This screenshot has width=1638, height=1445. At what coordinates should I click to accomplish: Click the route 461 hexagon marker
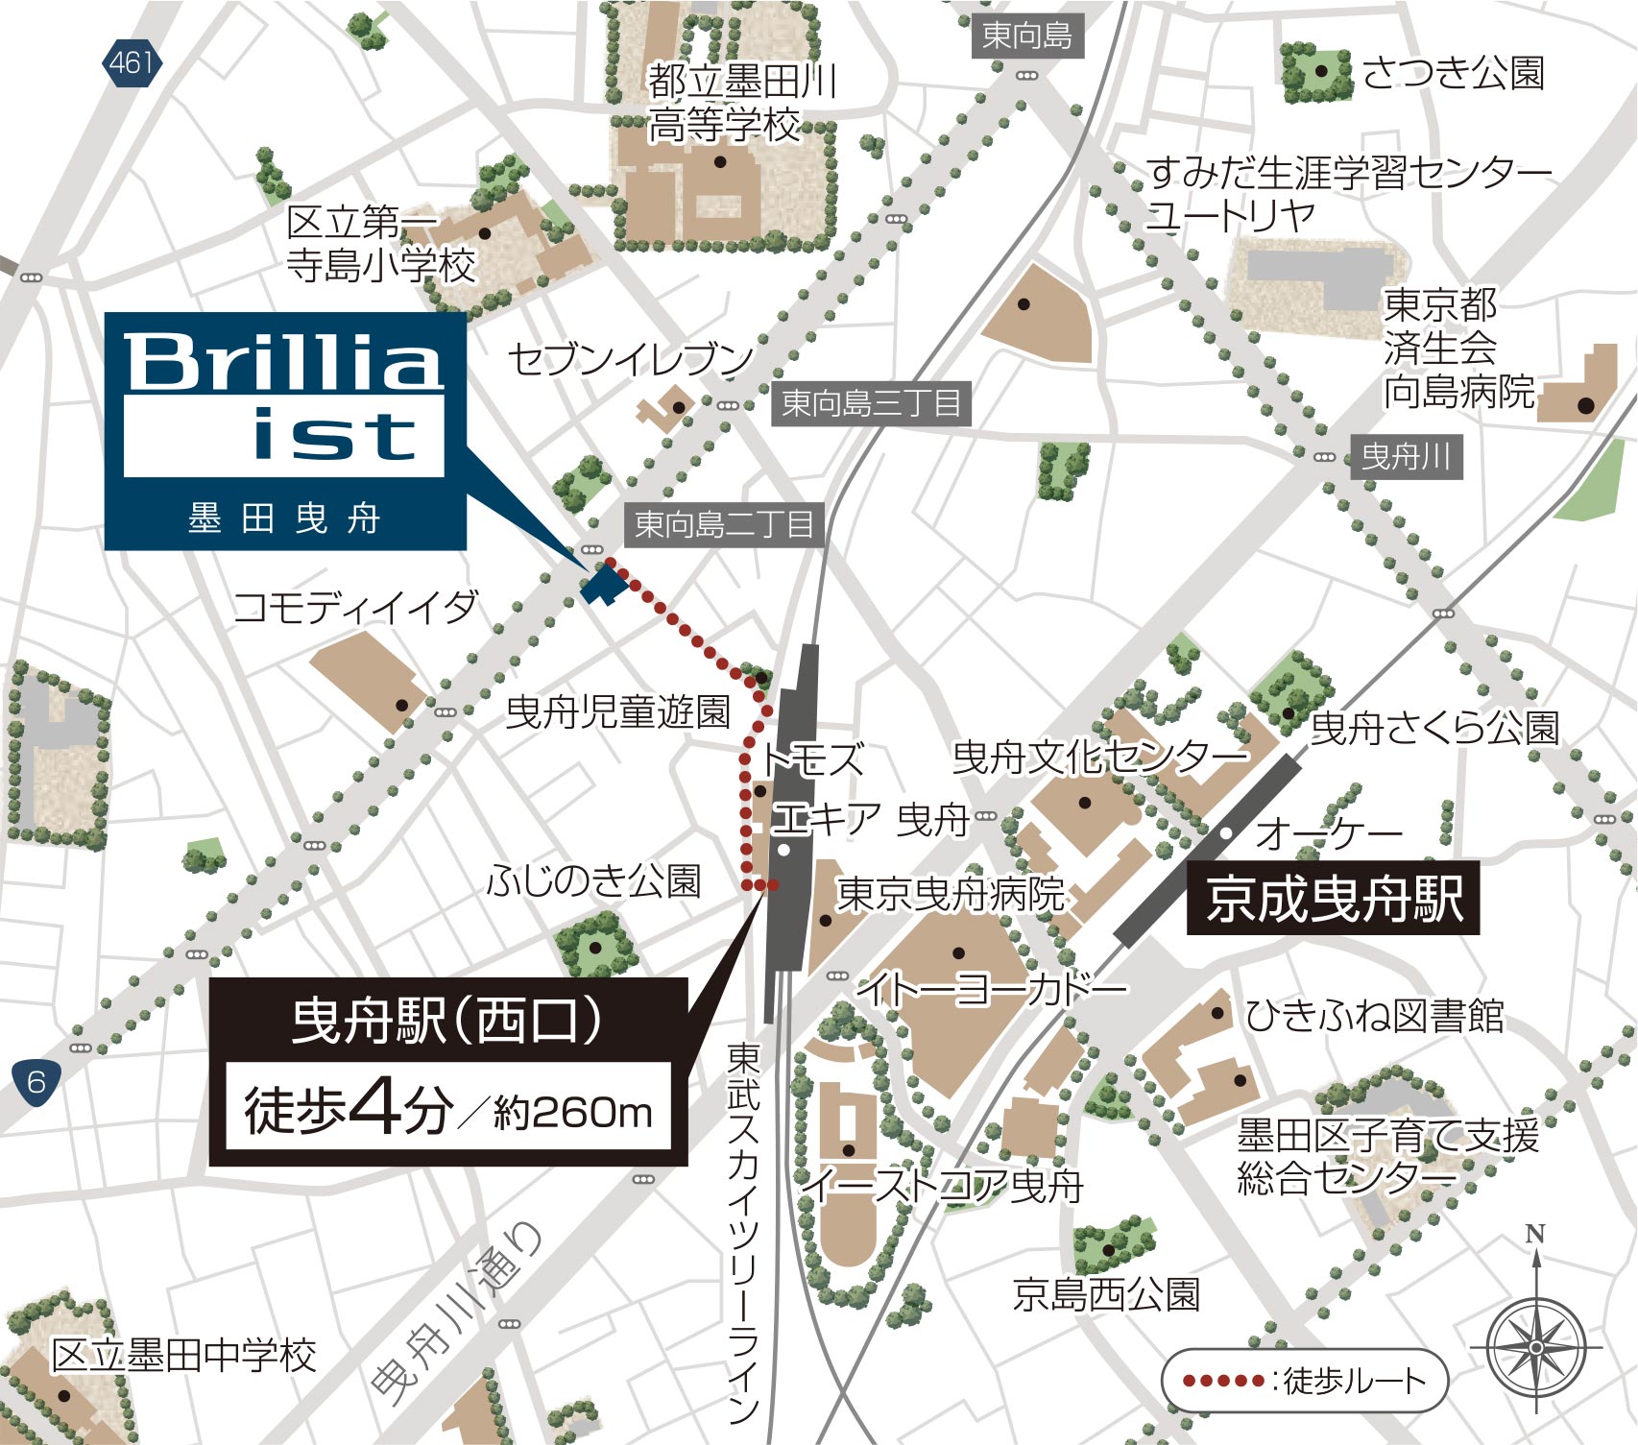coord(132,63)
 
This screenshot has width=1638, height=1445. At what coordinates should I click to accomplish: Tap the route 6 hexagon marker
coord(36,1082)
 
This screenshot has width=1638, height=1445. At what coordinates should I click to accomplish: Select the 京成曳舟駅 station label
coord(1333,900)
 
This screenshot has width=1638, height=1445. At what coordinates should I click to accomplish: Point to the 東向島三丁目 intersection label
coord(871,403)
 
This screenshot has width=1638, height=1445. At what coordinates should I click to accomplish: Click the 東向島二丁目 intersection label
coord(724,524)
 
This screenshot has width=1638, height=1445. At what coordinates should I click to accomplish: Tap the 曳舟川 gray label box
coord(1406,456)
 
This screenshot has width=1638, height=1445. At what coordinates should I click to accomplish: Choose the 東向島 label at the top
coord(1026,36)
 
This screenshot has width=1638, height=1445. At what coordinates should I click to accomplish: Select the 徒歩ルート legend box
coord(1304,1381)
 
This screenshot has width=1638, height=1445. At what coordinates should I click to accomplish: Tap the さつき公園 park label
coord(1452,73)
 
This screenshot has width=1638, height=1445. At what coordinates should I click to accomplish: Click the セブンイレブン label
coord(630,359)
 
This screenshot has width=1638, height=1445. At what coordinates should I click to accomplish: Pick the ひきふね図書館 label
coord(1374,1015)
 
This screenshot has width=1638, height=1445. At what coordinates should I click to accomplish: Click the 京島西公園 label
coord(1106,1294)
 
